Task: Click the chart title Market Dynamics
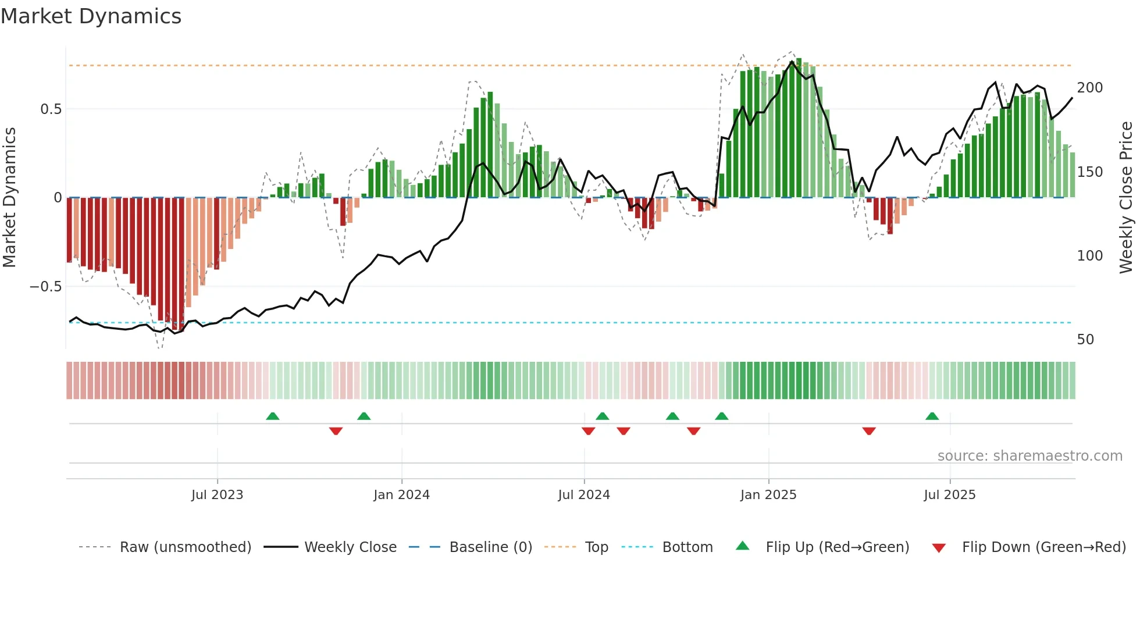point(91,16)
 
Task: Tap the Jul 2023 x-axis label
point(217,495)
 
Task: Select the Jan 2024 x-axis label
point(401,495)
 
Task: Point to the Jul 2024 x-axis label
point(584,495)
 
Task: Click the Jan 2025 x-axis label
point(768,495)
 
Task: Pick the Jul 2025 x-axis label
point(950,495)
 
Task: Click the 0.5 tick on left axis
point(51,109)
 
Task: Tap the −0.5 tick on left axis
point(45,287)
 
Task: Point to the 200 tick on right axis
point(1090,88)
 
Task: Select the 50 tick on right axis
point(1085,340)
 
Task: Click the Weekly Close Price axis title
point(1126,198)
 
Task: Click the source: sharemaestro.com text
point(1029,456)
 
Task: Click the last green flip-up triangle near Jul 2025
point(932,416)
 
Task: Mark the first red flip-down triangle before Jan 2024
point(336,431)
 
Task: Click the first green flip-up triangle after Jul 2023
point(272,416)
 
